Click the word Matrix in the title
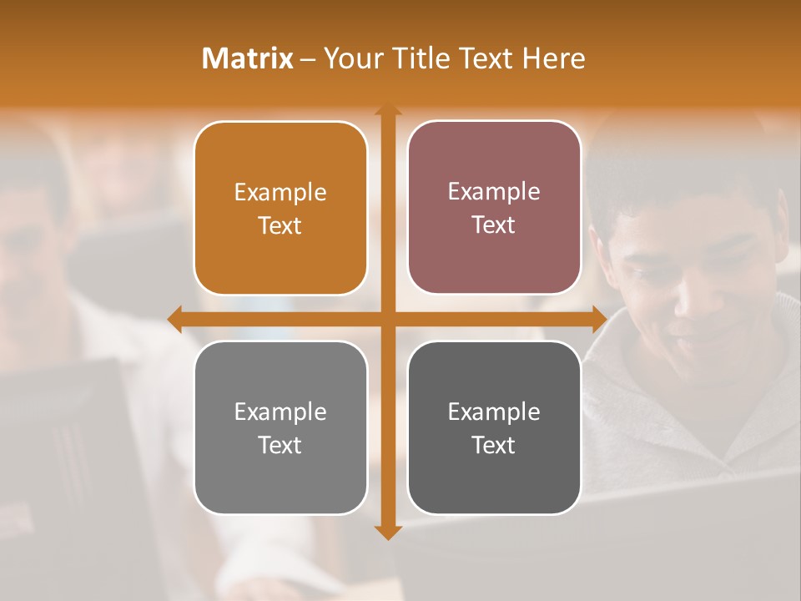248,58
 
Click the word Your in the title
349,58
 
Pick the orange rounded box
280,208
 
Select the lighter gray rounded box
280,427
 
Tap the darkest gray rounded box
494,427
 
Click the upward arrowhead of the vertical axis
387,109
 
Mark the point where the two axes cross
387,319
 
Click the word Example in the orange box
280,193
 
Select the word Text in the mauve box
494,225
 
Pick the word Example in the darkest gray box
494,412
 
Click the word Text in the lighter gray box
280,445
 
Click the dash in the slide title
308,59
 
